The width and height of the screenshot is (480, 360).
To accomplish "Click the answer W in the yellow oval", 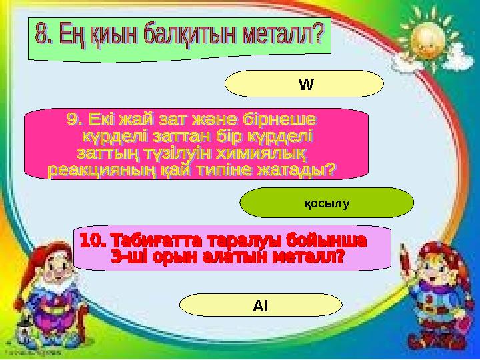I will tap(306, 85).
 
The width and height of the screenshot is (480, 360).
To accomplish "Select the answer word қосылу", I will tap(327, 202).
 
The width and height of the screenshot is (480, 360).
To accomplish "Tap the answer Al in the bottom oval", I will tap(261, 305).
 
